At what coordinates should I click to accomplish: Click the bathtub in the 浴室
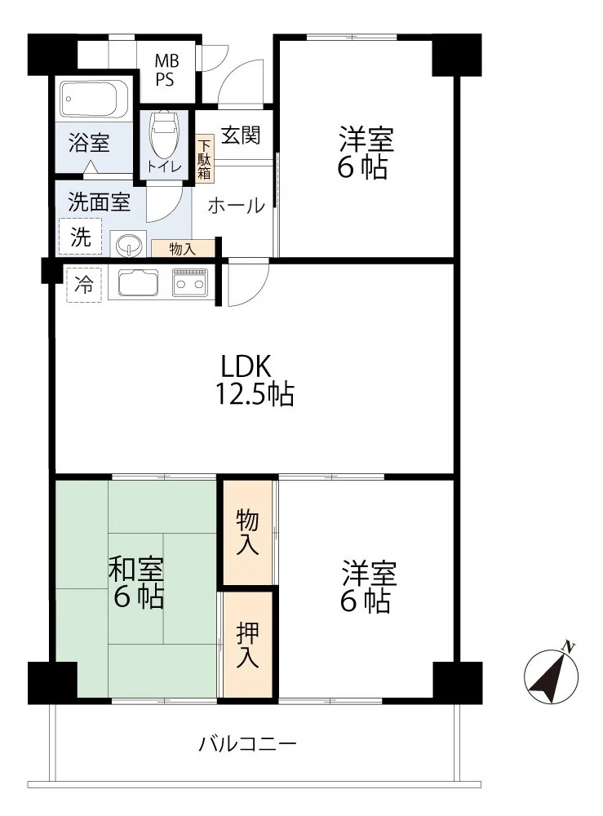94,99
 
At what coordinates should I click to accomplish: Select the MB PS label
166,70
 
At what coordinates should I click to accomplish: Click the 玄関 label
241,135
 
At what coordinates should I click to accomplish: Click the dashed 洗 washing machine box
81,237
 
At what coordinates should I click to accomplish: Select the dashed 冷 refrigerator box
84,284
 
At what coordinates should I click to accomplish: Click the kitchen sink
139,282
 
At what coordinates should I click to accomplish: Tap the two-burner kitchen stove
190,282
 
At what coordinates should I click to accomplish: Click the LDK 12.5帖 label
255,380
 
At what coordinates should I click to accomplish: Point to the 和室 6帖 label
136,583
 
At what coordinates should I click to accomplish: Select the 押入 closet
248,645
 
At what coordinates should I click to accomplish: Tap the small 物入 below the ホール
183,248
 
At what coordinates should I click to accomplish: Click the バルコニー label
248,743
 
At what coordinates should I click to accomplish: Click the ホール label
236,206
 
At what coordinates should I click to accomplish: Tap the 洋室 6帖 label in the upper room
366,153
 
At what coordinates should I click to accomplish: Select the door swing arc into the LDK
255,293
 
